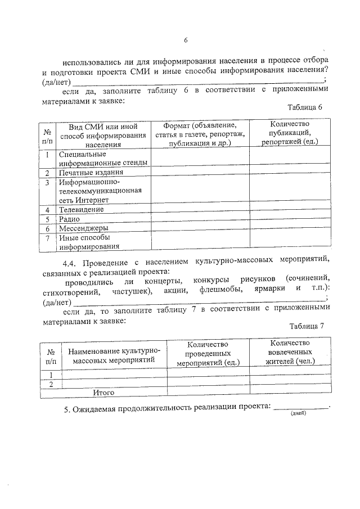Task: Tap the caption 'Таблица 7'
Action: pos(307,326)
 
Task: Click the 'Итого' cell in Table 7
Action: pos(103,393)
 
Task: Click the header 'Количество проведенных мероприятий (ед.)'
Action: pos(208,354)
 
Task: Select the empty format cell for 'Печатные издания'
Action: pos(200,173)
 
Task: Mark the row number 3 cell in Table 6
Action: pos(48,182)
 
